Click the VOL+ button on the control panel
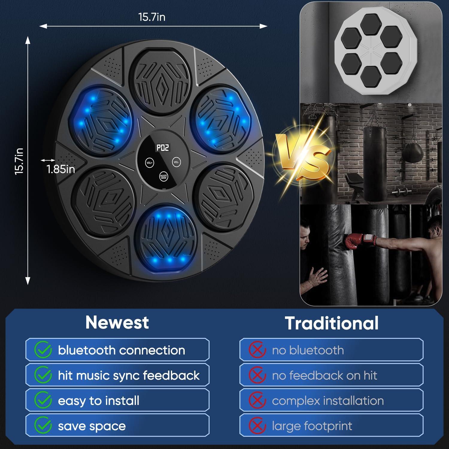[x=149, y=163]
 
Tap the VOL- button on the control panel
[x=177, y=162]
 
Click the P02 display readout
[x=163, y=148]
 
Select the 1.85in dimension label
[x=61, y=169]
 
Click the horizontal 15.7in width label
[x=152, y=17]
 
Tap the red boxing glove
[x=356, y=241]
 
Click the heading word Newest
[x=117, y=322]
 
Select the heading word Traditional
[x=332, y=323]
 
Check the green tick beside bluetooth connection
[x=43, y=350]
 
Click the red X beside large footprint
[x=257, y=426]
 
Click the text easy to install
[x=98, y=401]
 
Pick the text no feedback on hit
[x=324, y=375]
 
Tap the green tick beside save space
[x=43, y=425]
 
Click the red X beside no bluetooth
[x=257, y=350]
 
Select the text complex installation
[x=328, y=401]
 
